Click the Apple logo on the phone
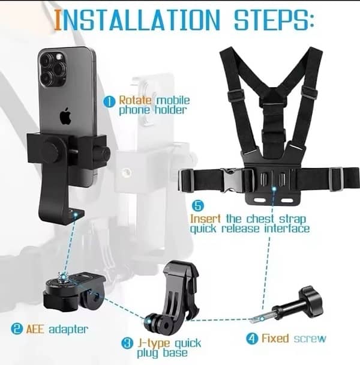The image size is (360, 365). pos(65,116)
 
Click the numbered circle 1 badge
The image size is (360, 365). pos(109,102)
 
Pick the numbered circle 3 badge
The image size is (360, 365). pos(127,343)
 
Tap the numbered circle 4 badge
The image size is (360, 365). pos(251,339)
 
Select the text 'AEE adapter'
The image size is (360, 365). pos(59,329)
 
